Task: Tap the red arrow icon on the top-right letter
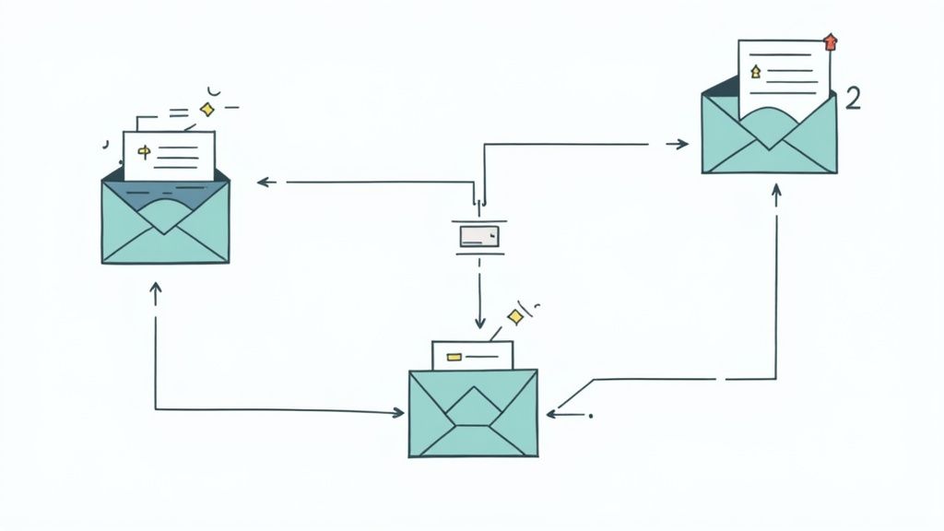pyautogui.click(x=831, y=41)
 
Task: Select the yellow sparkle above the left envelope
pyautogui.click(x=208, y=110)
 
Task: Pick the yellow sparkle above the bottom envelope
pyautogui.click(x=515, y=317)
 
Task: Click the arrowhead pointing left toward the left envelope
pyautogui.click(x=262, y=183)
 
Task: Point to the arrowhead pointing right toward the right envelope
pyautogui.click(x=682, y=143)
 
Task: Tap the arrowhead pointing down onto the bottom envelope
pyautogui.click(x=479, y=323)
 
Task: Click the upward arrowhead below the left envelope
pyautogui.click(x=155, y=289)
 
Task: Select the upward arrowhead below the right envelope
pyautogui.click(x=776, y=190)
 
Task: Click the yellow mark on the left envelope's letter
pyautogui.click(x=143, y=150)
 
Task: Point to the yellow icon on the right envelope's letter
pyautogui.click(x=756, y=70)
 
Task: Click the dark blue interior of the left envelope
pyautogui.click(x=138, y=195)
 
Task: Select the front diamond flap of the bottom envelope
pyautogui.click(x=473, y=406)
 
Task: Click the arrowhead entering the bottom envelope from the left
pyautogui.click(x=398, y=412)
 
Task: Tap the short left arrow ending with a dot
pyautogui.click(x=567, y=415)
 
